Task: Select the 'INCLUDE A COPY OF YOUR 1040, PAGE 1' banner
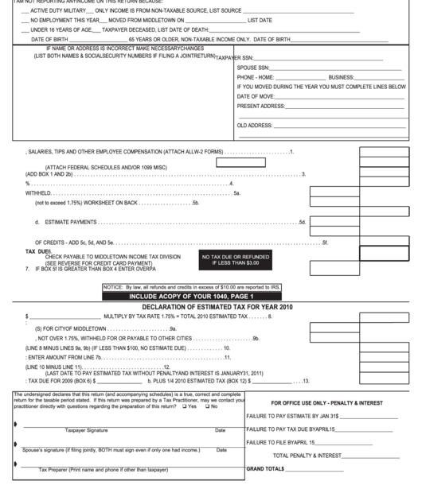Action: click(x=191, y=296)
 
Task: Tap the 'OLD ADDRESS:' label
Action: click(x=254, y=125)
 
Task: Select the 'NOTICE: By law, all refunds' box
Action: click(x=192, y=286)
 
